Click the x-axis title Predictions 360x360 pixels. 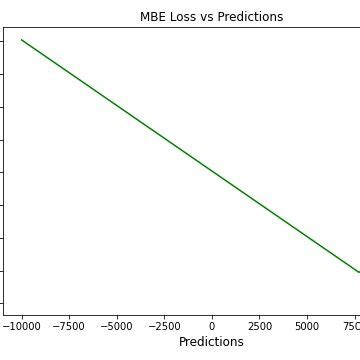[x=211, y=342]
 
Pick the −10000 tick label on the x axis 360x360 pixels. [x=22, y=326]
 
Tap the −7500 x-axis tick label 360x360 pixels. [x=69, y=326]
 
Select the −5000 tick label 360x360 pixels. [x=117, y=326]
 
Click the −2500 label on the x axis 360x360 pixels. [x=164, y=326]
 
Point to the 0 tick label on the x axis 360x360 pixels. [x=212, y=326]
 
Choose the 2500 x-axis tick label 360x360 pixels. [x=260, y=326]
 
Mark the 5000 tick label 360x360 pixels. [x=307, y=326]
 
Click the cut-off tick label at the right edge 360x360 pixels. [x=352, y=326]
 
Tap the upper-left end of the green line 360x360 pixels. [x=22, y=40]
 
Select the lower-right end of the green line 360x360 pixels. [x=358, y=271]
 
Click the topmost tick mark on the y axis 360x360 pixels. [x=3, y=41]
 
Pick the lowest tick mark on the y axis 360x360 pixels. [x=3, y=303]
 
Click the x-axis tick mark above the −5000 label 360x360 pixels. [x=117, y=316]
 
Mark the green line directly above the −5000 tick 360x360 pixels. [x=117, y=105]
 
